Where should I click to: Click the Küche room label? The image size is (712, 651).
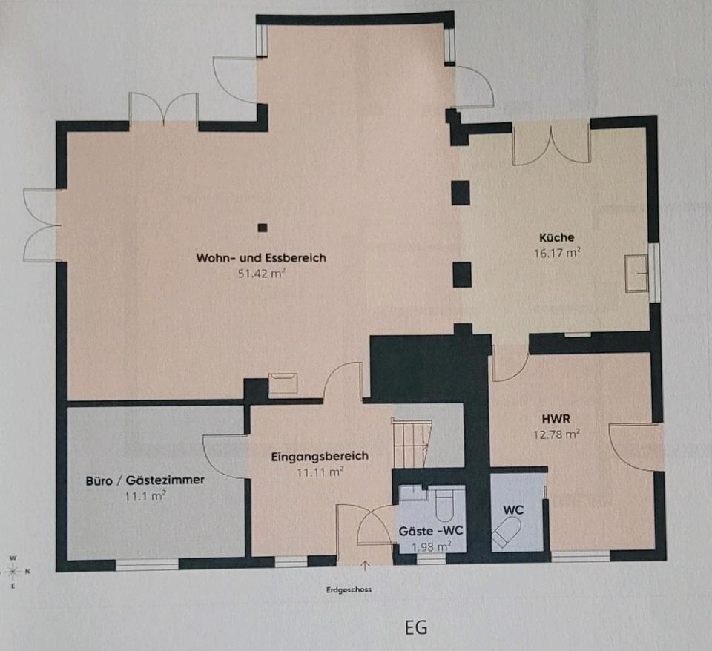pos(557,237)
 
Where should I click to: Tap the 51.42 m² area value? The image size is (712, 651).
pos(261,274)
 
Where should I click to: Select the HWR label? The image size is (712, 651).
pos(556,418)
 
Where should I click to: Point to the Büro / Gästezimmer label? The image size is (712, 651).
pos(145,480)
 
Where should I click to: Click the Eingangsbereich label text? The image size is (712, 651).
pos(320,456)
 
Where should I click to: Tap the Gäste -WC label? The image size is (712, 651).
pos(431,531)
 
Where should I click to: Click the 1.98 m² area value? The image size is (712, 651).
pos(431,546)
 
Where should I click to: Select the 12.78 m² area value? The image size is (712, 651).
pos(556,434)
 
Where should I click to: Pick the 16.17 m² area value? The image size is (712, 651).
pos(557,253)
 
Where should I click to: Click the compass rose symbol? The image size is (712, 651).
pos(13,571)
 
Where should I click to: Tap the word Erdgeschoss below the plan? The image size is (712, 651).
pos(349,589)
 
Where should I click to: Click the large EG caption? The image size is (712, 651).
pos(416,628)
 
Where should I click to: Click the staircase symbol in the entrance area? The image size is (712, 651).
pos(411,443)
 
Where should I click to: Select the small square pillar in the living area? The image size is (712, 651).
pos(263,228)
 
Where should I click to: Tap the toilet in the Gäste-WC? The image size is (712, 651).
pos(444,505)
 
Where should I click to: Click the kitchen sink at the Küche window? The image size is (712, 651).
pos(636,274)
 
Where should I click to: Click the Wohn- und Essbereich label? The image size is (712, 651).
pos(261,258)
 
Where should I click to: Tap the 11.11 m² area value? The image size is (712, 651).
pos(320,472)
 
